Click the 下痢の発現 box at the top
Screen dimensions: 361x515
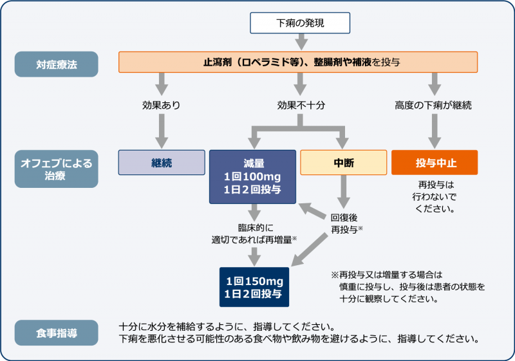click(300, 23)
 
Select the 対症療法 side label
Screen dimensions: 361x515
click(57, 64)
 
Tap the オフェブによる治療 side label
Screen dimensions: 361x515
click(57, 169)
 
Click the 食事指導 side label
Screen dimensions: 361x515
click(57, 333)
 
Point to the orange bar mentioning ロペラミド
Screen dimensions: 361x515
click(298, 62)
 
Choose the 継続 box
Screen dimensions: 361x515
click(162, 163)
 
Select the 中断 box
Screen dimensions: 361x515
click(344, 163)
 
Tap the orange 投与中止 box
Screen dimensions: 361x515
click(435, 163)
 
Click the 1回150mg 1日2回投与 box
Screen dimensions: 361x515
click(254, 287)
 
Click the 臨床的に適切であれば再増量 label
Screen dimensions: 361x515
click(254, 234)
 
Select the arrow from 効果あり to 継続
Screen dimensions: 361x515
click(162, 132)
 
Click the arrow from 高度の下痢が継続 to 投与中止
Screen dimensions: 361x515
click(435, 132)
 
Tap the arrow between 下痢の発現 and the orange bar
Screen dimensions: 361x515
click(300, 42)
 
